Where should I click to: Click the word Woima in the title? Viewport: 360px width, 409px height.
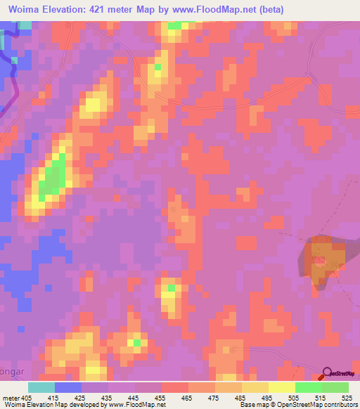25,10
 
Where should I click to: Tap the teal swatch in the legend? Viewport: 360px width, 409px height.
41,387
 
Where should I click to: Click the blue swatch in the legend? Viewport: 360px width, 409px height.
68,387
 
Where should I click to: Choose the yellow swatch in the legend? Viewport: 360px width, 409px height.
281,387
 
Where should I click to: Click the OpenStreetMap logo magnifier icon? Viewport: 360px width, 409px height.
328,372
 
